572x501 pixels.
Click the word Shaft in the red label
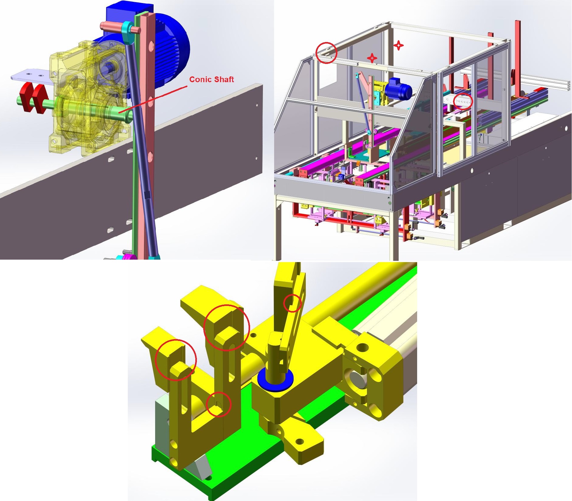pyautogui.click(x=224, y=79)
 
